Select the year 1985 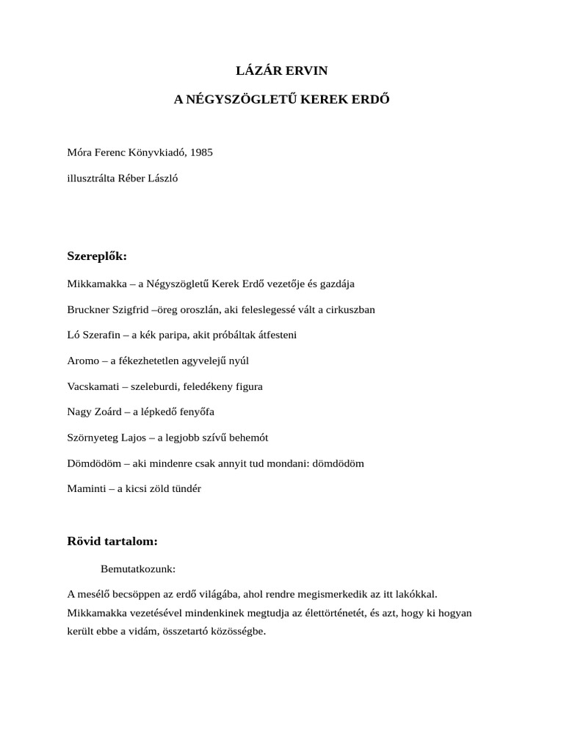point(200,152)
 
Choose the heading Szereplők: point(97,256)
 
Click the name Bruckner point(88,309)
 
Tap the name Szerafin point(102,335)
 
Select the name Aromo point(82,361)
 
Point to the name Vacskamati point(93,386)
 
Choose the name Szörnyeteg point(93,438)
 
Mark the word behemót point(247,438)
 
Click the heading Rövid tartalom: point(112,542)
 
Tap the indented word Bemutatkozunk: point(138,568)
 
